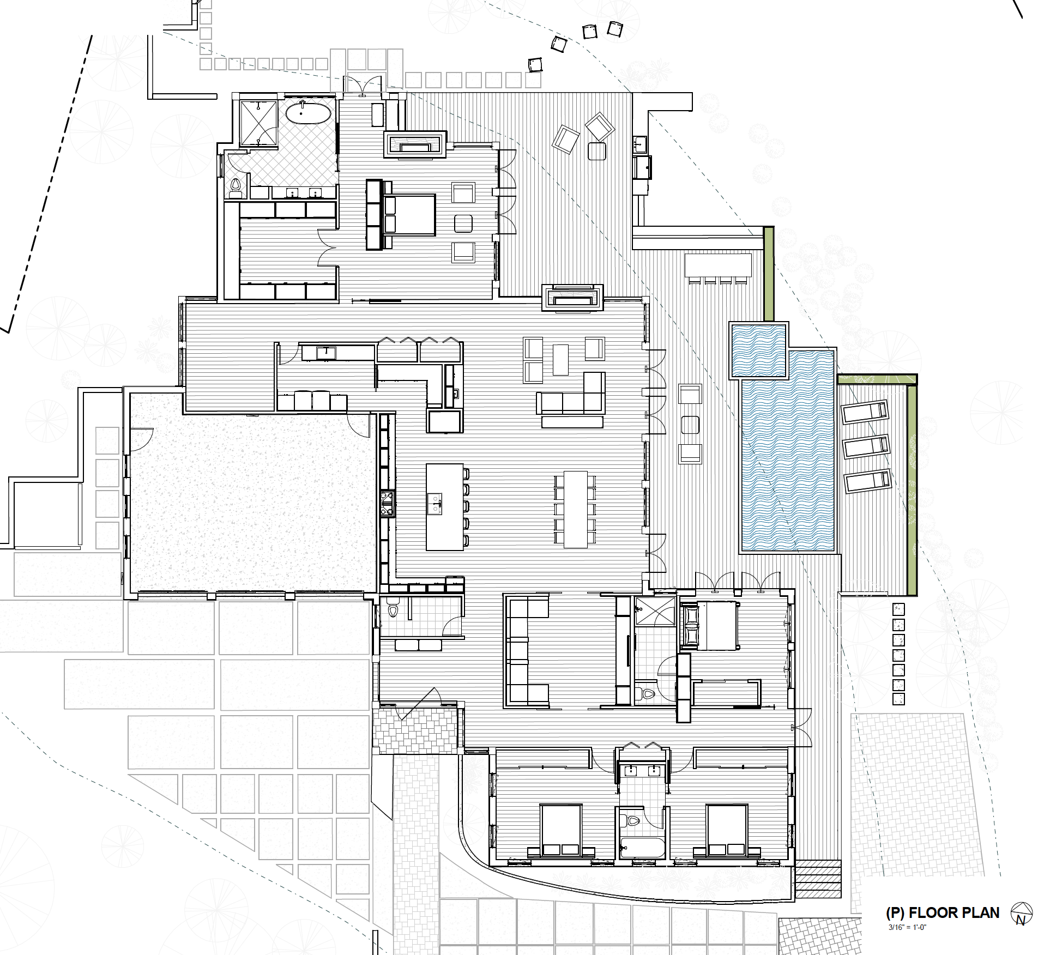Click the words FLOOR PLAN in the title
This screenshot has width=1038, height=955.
(954, 912)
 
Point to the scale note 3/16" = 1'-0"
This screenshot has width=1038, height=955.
(907, 927)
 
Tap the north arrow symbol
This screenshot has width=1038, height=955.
(1021, 914)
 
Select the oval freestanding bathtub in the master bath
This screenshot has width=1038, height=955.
(308, 113)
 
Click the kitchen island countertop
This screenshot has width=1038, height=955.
(445, 507)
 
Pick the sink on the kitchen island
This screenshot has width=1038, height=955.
(435, 504)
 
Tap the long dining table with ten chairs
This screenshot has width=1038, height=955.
(576, 509)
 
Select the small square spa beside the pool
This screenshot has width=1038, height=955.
(758, 350)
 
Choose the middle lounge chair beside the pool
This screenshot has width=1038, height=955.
(866, 446)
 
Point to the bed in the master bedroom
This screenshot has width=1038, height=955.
(409, 215)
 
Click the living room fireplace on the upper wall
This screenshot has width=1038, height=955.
(572, 298)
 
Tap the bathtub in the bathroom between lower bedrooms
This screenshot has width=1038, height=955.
(642, 848)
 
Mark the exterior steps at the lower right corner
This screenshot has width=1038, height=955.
(818, 879)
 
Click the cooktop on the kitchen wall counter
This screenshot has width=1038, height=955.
(387, 504)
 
